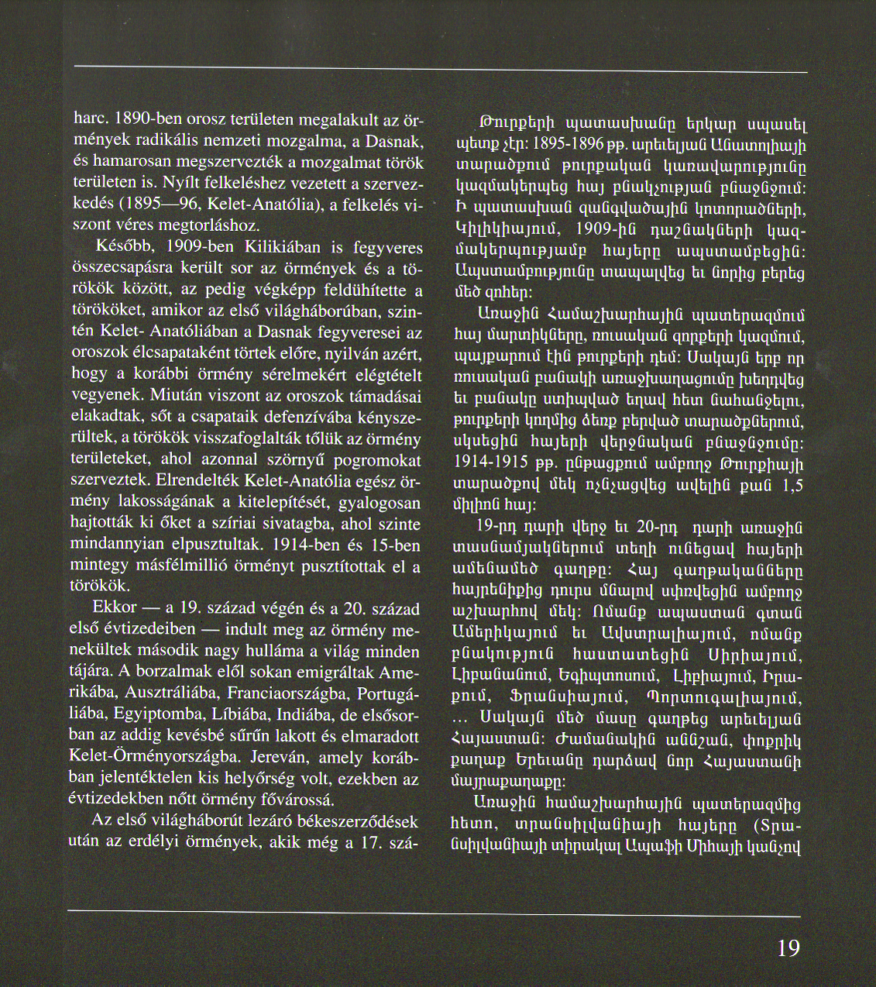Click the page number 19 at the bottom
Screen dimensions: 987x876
coord(788,947)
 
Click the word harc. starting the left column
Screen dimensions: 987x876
coord(90,120)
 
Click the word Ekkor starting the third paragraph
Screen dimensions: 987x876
coord(114,607)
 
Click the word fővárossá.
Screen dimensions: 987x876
coord(294,800)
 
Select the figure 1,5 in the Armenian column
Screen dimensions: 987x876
coord(792,486)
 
